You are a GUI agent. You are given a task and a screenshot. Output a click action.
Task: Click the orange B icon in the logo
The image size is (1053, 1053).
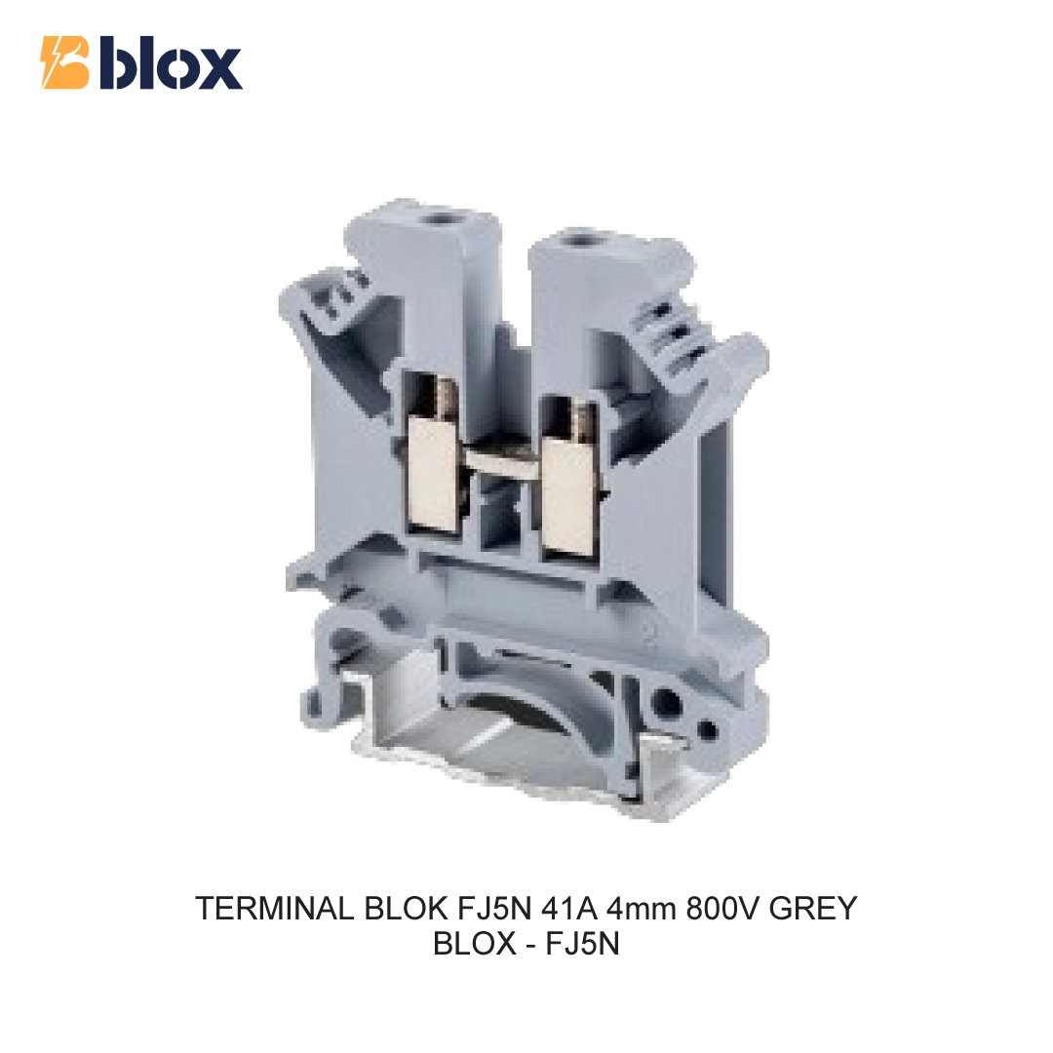pos(65,62)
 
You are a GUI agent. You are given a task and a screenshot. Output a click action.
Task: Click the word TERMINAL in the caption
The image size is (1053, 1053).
pos(275,909)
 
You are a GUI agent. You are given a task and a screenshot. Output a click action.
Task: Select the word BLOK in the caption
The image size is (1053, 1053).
pos(407,909)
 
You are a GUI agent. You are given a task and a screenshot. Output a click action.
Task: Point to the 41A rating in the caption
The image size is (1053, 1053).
pos(569,909)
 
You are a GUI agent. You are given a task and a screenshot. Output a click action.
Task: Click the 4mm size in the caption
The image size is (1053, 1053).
pos(642,910)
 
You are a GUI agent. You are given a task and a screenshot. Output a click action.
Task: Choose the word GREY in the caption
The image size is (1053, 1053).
pos(813,909)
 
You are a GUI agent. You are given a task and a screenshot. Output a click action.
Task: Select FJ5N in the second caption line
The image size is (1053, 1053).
pos(582,944)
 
